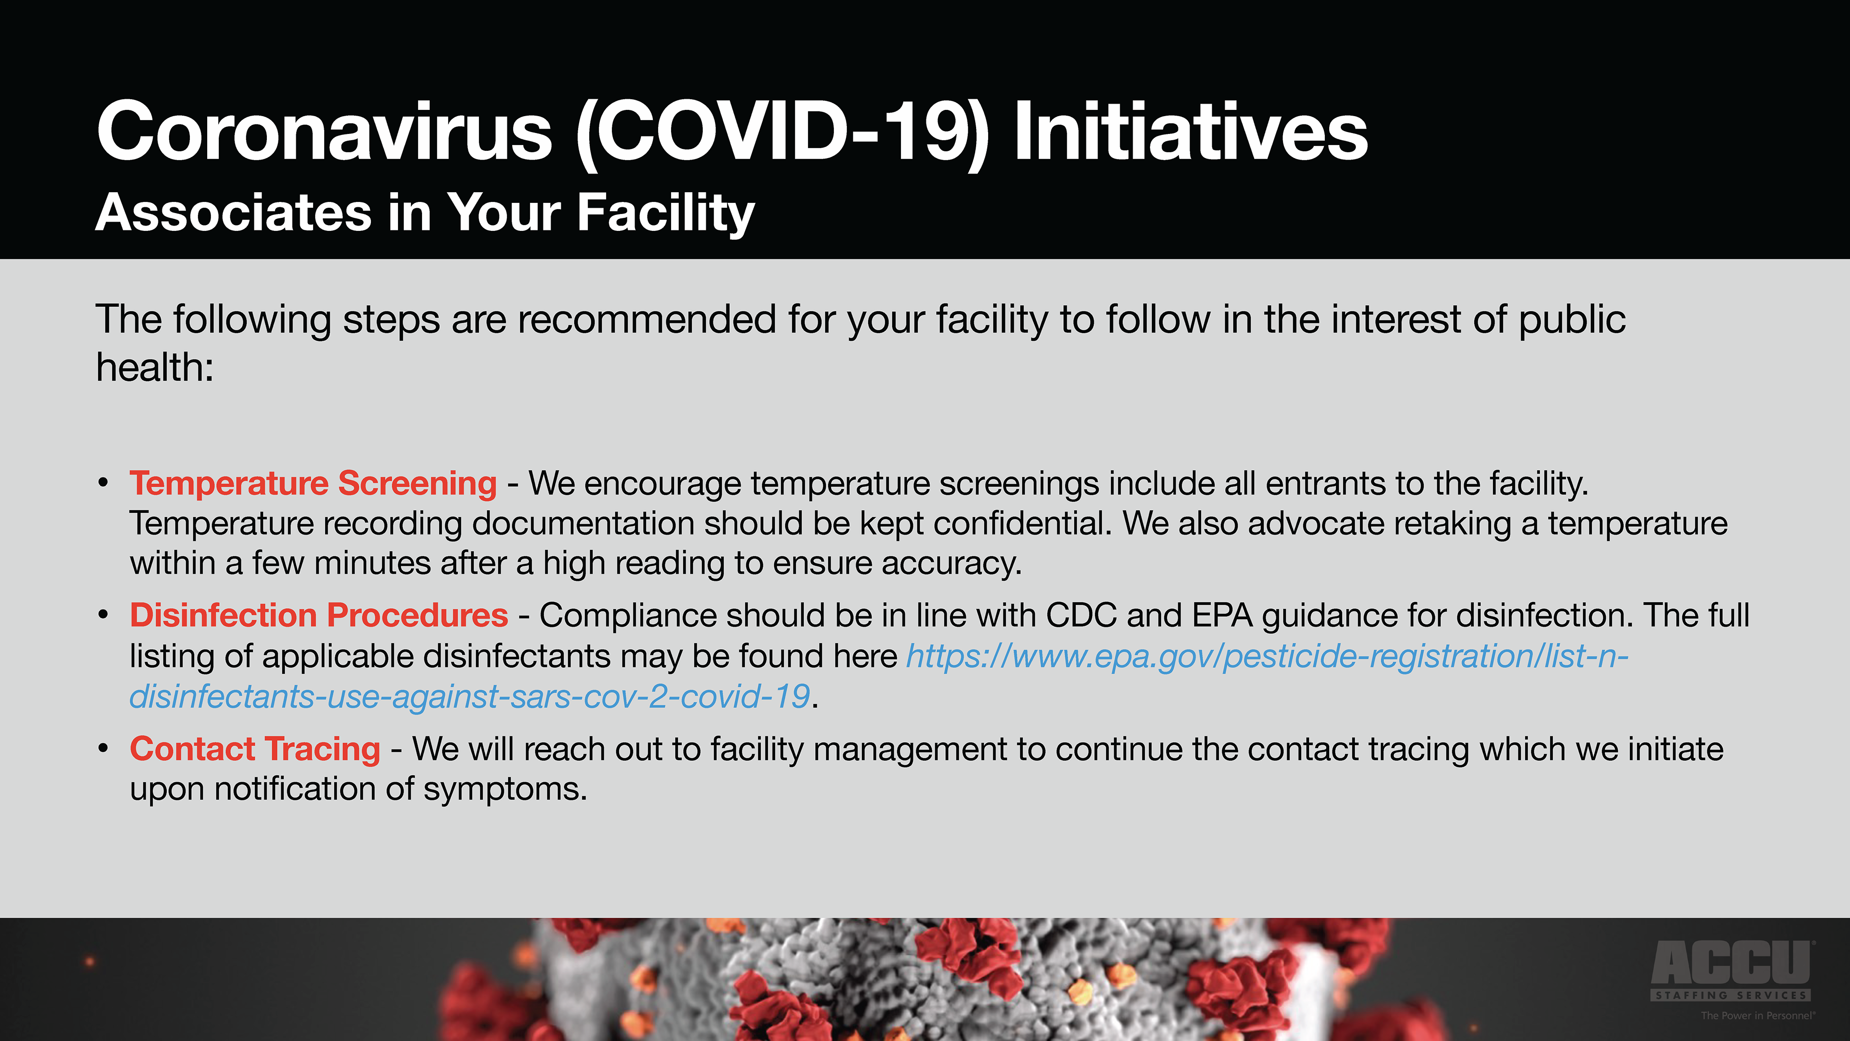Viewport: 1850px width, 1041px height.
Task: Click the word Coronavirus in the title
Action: click(x=325, y=132)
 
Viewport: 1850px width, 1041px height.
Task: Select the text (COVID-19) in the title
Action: click(x=783, y=134)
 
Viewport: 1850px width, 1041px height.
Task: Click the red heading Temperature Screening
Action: click(x=313, y=483)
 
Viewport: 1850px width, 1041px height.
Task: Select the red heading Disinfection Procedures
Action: click(x=319, y=616)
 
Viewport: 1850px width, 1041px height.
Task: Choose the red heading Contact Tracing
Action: click(x=255, y=749)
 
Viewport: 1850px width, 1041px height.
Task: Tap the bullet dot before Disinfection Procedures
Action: click(x=104, y=615)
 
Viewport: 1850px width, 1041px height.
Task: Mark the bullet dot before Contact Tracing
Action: click(x=104, y=748)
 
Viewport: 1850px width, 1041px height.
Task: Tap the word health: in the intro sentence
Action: click(x=155, y=367)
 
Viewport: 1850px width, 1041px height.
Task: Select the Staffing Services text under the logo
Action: click(x=1731, y=995)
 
